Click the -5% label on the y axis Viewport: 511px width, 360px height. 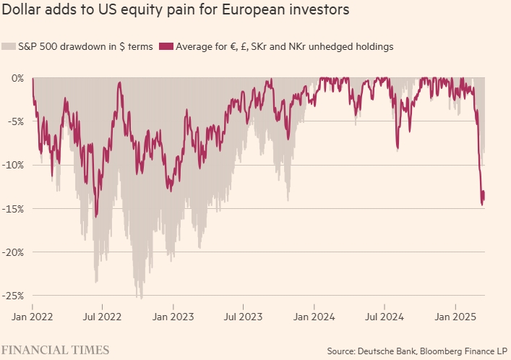(16, 121)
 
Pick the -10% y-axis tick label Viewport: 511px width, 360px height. (14, 165)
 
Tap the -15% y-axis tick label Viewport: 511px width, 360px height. (14, 209)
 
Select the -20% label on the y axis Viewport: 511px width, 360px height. (14, 252)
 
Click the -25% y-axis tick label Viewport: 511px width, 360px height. (14, 296)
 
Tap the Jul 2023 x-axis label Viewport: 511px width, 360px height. (243, 316)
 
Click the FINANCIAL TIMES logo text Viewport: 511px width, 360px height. (56, 350)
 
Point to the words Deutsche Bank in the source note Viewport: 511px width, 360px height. (387, 351)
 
